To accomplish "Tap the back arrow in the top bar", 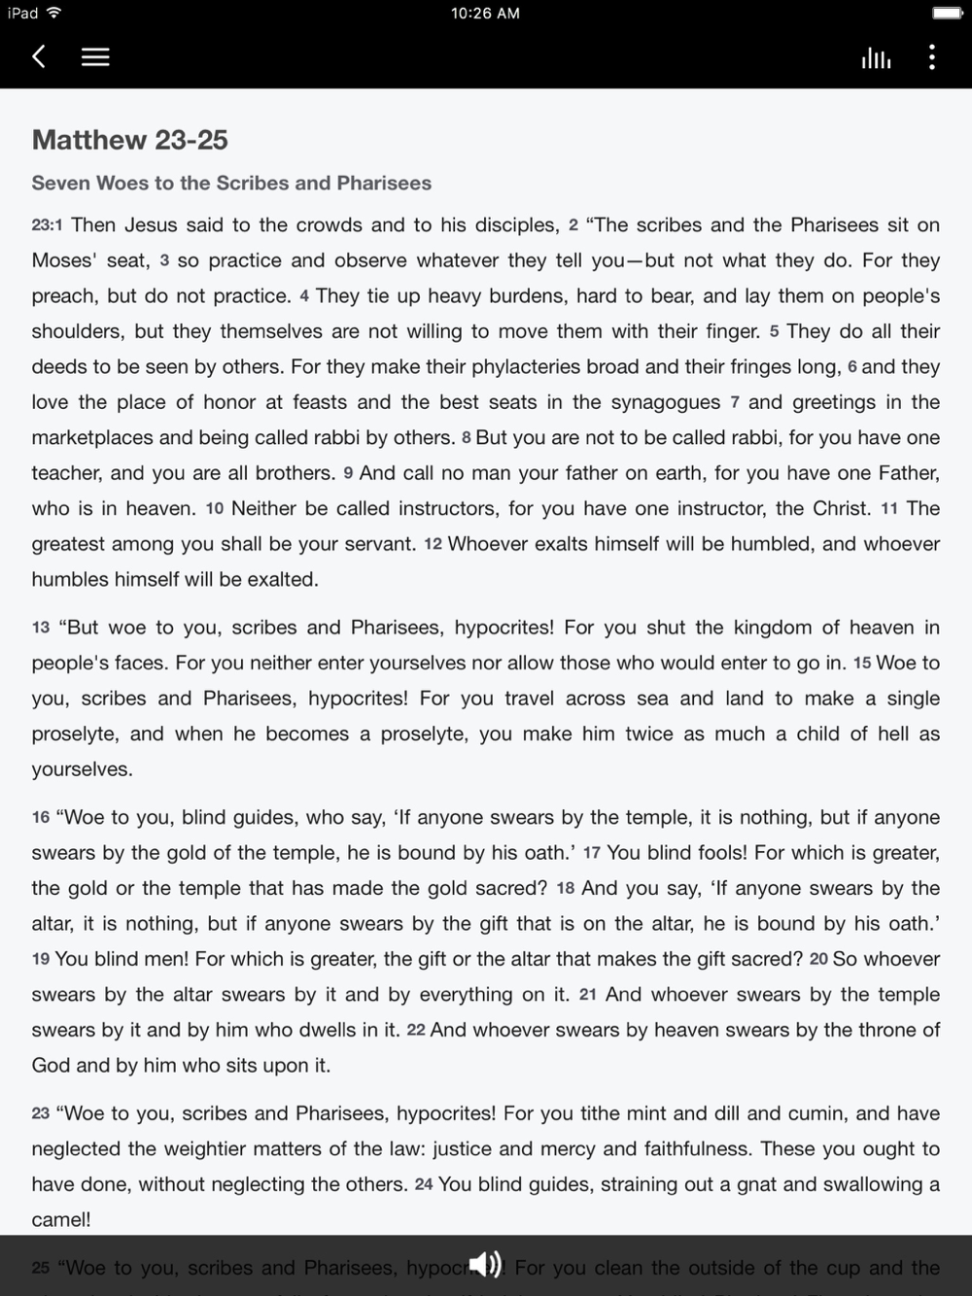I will [39, 57].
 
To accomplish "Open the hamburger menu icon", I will [94, 57].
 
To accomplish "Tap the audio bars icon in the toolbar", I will [875, 58].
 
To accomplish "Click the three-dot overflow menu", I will [931, 57].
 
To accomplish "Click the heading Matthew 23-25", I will [130, 140].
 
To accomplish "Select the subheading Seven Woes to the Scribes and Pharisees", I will [231, 183].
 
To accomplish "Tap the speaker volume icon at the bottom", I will [485, 1264].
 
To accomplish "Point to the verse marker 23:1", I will [47, 225].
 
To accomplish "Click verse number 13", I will [41, 628].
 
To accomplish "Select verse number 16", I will [41, 818].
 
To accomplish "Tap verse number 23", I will [41, 1114].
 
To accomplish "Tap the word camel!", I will [61, 1220].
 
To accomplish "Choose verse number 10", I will [215, 509].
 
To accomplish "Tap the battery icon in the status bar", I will [947, 14].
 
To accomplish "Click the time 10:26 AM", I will [485, 14].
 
